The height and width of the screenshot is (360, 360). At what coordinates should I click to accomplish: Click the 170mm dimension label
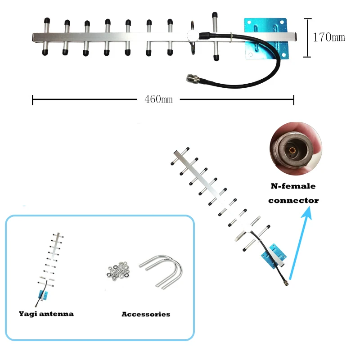[x=329, y=37]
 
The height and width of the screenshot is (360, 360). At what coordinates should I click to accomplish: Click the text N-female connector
[x=293, y=193]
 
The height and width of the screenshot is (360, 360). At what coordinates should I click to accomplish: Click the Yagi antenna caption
[x=46, y=314]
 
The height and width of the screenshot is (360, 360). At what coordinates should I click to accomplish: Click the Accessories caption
[x=146, y=314]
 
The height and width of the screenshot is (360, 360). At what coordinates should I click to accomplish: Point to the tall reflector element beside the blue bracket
[x=215, y=36]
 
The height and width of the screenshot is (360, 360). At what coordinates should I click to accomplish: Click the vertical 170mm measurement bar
[x=307, y=37]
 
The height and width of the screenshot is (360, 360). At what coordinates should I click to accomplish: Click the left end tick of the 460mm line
[x=33, y=99]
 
